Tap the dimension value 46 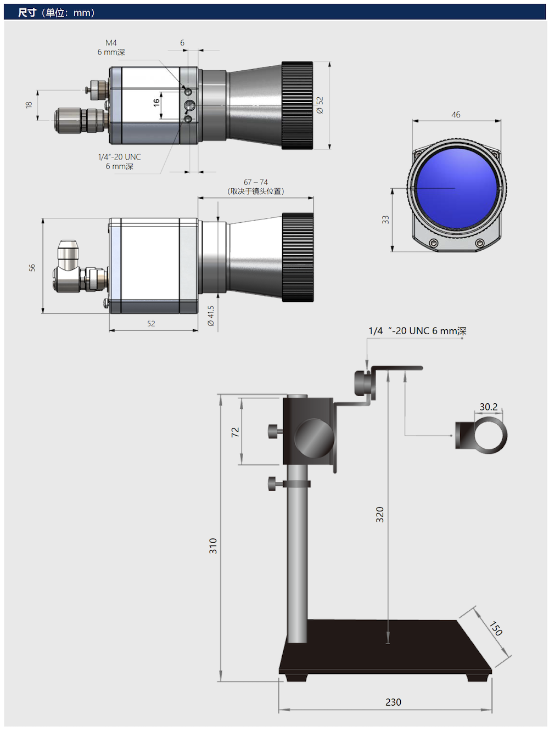click(x=456, y=115)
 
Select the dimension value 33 click(x=385, y=219)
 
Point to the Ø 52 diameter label click(x=320, y=105)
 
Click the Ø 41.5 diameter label click(x=211, y=316)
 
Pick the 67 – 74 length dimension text click(x=256, y=182)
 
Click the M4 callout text click(x=111, y=43)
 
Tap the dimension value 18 click(x=29, y=104)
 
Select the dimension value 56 click(x=32, y=267)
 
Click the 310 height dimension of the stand click(x=213, y=545)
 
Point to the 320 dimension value click(x=380, y=514)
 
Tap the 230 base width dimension click(x=393, y=702)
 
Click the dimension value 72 click(x=236, y=432)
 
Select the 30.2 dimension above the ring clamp click(x=488, y=407)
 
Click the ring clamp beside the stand click(x=481, y=435)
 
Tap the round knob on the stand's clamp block click(x=314, y=438)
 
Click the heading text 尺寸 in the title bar click(x=27, y=12)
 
